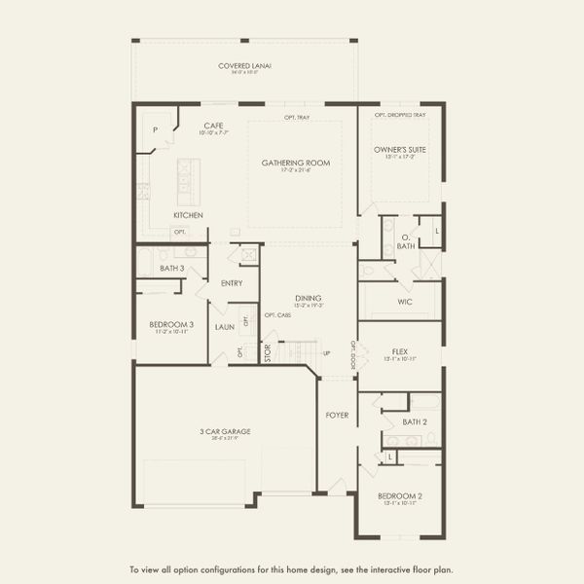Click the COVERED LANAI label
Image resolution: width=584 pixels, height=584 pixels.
(244, 65)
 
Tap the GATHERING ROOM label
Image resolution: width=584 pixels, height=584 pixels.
(294, 163)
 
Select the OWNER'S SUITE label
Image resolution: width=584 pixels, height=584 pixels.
(400, 150)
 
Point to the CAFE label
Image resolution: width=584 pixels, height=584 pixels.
(214, 126)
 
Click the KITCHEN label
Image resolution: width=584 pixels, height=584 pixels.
(188, 214)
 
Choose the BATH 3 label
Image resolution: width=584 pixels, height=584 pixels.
(172, 268)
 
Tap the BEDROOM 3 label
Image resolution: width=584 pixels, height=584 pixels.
(171, 324)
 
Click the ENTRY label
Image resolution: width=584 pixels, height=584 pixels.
(232, 283)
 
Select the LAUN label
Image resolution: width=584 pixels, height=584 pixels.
(224, 328)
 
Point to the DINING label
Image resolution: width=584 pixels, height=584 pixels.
(309, 298)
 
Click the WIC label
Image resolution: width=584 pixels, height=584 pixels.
(406, 302)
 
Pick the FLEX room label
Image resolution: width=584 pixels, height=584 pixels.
(399, 351)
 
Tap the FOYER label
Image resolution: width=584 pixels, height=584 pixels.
(337, 416)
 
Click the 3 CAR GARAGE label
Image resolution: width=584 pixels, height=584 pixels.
(225, 432)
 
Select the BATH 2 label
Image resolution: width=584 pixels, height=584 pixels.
(415, 421)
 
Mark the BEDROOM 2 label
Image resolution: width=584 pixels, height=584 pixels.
(399, 496)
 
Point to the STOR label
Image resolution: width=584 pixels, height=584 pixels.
(269, 352)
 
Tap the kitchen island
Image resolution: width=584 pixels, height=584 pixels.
(182, 179)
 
